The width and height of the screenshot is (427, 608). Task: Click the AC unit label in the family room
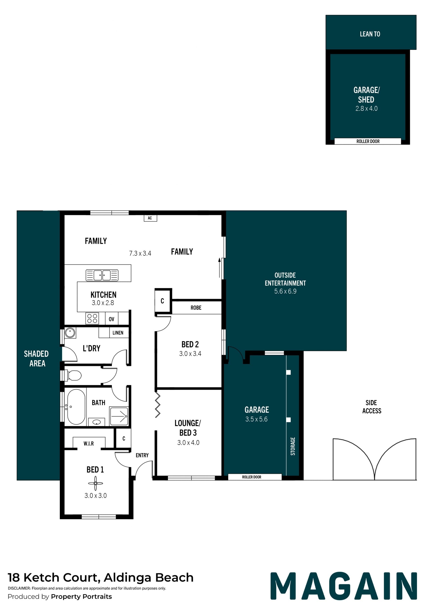click(x=150, y=218)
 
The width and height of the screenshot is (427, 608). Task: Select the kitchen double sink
click(x=102, y=275)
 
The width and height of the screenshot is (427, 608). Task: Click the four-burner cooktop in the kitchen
click(x=92, y=318)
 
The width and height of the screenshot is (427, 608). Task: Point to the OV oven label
click(x=112, y=319)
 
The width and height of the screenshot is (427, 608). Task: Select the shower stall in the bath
click(x=119, y=416)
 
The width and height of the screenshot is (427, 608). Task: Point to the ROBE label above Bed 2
click(x=196, y=308)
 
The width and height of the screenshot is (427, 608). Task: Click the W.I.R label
click(x=89, y=444)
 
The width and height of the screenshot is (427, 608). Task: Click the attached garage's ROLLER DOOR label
click(x=252, y=477)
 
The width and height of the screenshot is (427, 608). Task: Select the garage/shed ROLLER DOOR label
click(x=368, y=141)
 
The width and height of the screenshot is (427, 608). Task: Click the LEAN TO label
click(x=370, y=34)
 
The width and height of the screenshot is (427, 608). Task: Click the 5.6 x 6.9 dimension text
click(x=285, y=291)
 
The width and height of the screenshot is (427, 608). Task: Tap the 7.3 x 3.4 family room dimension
click(x=140, y=253)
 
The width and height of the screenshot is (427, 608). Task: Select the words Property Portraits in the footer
click(x=81, y=597)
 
